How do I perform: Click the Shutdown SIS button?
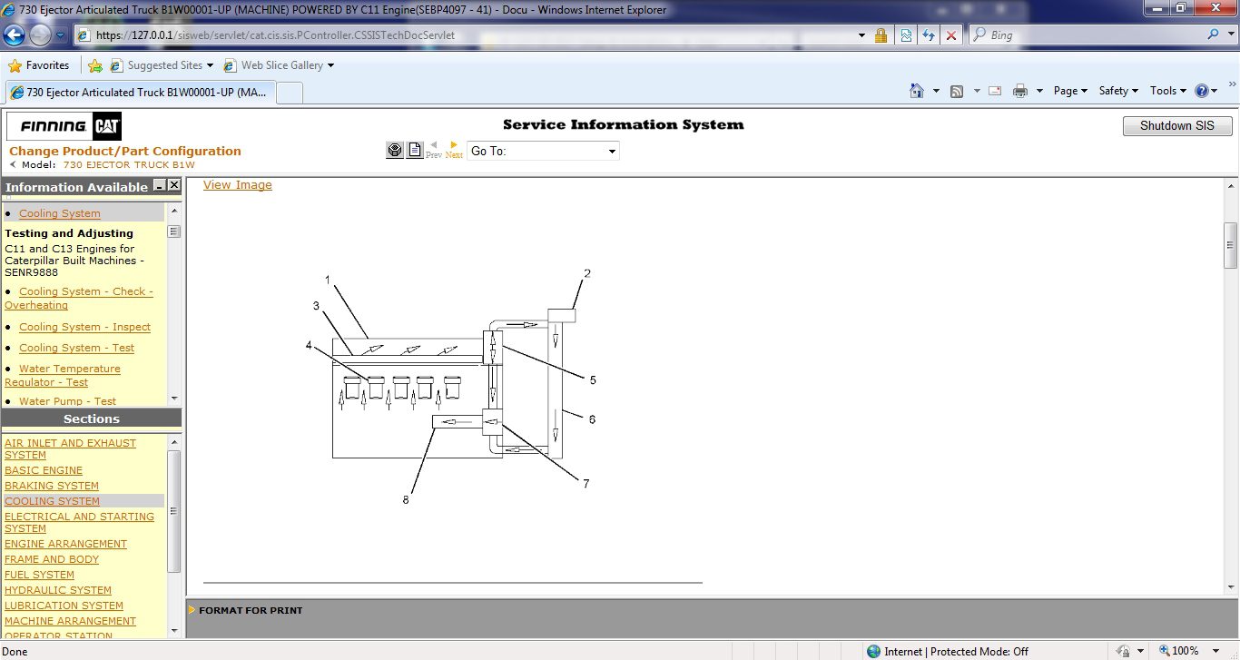(x=1176, y=125)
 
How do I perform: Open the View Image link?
(x=238, y=185)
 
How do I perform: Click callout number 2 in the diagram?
(x=586, y=273)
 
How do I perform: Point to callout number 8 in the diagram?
(x=406, y=500)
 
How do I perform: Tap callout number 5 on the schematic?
(x=593, y=380)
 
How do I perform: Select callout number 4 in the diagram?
(x=309, y=346)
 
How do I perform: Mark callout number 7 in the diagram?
(x=586, y=483)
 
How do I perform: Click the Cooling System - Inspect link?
(x=84, y=327)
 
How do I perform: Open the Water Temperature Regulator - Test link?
(x=63, y=376)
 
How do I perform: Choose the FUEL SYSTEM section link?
(x=39, y=575)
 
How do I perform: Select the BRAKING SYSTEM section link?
(x=52, y=486)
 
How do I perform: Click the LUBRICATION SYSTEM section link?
(x=64, y=606)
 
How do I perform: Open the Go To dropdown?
(x=543, y=152)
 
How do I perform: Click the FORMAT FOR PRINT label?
(x=251, y=610)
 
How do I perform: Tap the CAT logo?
(x=106, y=127)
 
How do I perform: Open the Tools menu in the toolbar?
(x=1167, y=91)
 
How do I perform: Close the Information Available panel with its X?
(x=173, y=185)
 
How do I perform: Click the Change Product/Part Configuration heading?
(x=125, y=152)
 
